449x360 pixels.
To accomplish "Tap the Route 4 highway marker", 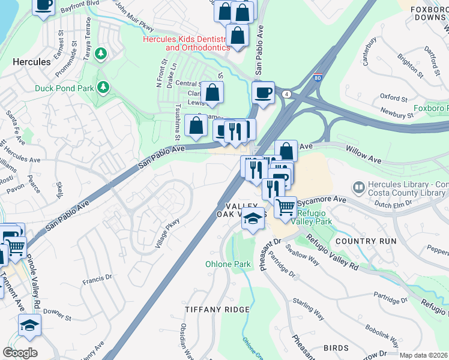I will (288, 94).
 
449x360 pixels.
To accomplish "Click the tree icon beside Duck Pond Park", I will (104, 88).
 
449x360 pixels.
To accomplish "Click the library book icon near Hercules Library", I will (359, 187).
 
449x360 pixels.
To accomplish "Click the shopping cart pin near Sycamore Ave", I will (286, 206).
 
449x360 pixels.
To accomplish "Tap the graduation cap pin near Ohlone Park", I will (253, 219).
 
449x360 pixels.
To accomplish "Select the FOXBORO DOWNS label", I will (429, 14).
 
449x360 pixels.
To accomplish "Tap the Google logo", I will (20, 352).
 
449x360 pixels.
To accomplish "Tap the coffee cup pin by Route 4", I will (263, 92).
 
